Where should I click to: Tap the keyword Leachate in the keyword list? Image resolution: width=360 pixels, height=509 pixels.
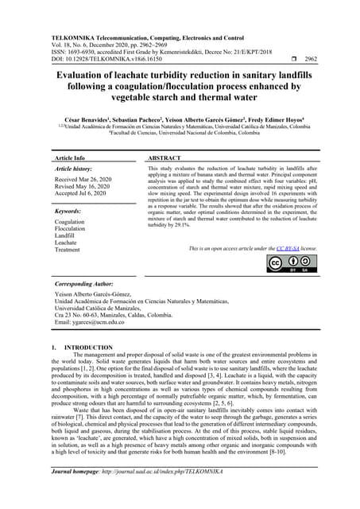[67, 243]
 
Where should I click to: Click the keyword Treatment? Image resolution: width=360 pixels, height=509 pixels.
[68, 251]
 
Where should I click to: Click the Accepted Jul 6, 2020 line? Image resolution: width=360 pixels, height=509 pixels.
[82, 194]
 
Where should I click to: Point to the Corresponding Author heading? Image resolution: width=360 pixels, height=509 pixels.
[85, 283]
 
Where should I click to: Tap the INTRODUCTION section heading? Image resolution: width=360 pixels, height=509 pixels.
[87, 348]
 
